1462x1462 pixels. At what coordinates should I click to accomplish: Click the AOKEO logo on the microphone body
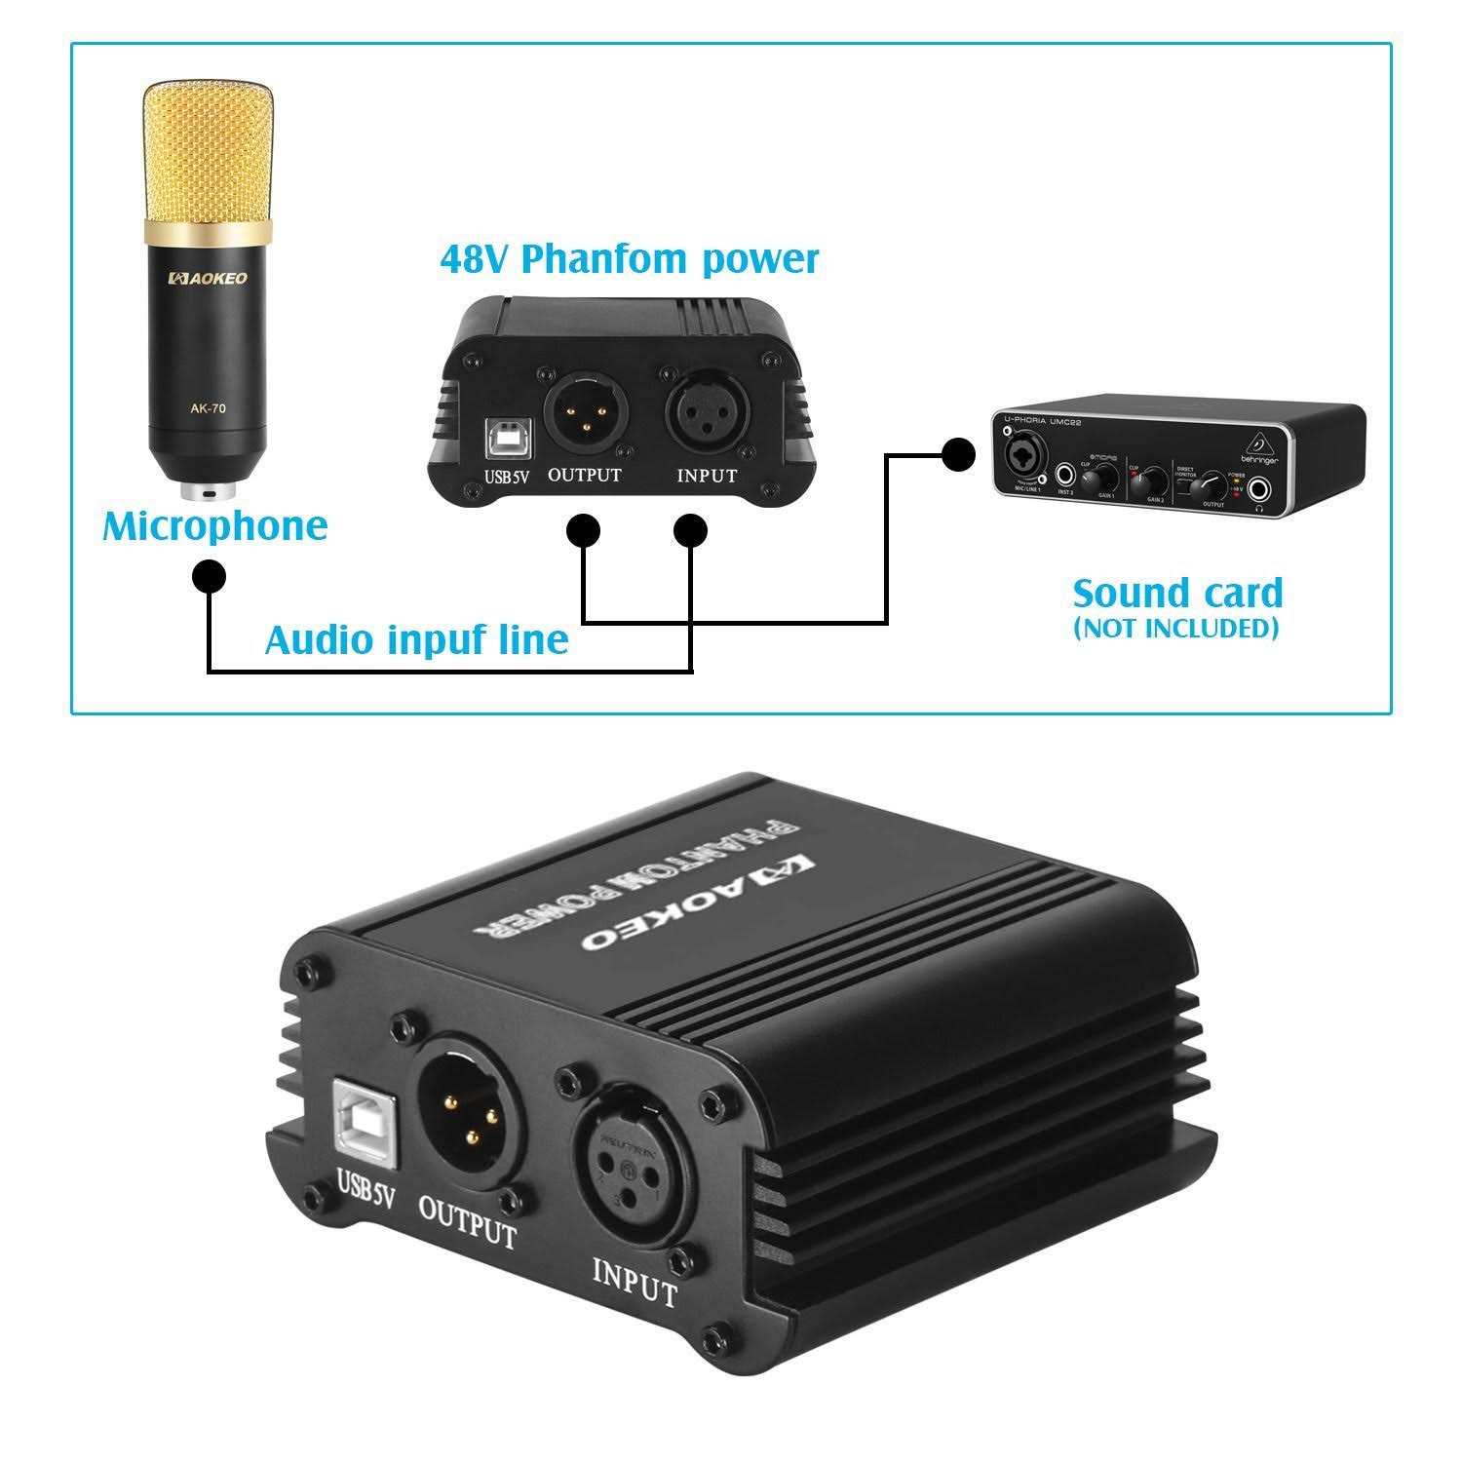(209, 279)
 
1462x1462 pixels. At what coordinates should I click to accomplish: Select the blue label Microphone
(215, 526)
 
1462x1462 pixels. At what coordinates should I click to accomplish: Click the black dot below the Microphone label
(209, 576)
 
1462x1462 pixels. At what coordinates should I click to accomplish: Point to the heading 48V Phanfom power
(629, 259)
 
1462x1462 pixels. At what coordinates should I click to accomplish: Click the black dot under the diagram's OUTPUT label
(583, 531)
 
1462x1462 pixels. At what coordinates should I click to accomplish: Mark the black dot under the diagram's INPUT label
(691, 531)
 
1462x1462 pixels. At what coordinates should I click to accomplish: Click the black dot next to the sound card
(959, 453)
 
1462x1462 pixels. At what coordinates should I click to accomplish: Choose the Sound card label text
(1177, 593)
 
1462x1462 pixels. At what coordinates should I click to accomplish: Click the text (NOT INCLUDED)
(1175, 629)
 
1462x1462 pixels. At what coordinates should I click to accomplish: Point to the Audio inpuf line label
(416, 640)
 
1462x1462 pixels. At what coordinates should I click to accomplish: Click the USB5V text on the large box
(365, 1187)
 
